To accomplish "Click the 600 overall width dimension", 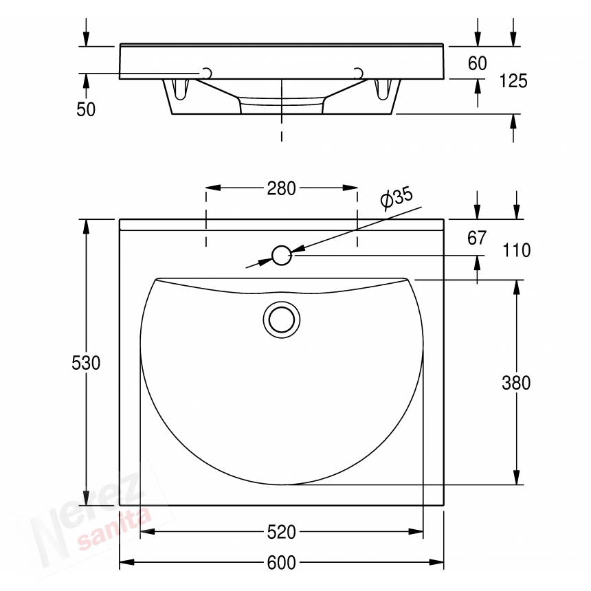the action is point(282,563).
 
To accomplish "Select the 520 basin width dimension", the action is point(282,532).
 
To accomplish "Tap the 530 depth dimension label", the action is point(86,363).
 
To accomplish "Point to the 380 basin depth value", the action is point(516,383).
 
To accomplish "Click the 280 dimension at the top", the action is point(282,188).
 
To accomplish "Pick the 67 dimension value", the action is point(477,238).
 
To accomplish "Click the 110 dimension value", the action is point(517,250).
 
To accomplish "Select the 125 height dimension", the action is point(513,81).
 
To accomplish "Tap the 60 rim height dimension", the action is point(477,63).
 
